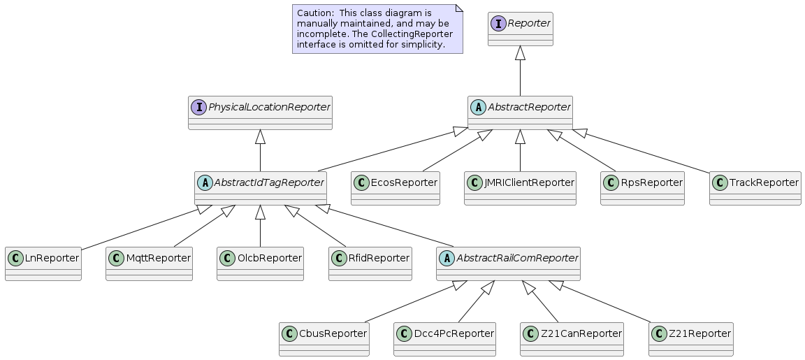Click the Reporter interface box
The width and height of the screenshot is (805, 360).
pos(520,29)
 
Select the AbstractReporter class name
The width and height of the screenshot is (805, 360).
pos(529,108)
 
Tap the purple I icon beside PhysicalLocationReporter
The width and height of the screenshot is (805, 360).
pos(198,108)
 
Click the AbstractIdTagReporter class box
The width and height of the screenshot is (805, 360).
pos(260,189)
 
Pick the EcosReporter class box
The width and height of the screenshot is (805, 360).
pos(396,189)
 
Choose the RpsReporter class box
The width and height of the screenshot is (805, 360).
pos(642,189)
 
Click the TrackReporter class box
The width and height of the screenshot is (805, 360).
pos(755,189)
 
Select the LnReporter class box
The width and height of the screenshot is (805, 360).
pos(43,264)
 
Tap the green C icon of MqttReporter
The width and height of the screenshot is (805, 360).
pos(116,259)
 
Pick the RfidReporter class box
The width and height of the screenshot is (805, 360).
pos(370,264)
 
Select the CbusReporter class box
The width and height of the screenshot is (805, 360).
pos(324,340)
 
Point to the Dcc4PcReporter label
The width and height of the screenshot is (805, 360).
pos(454,334)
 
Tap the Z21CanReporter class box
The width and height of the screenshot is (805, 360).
pos(572,340)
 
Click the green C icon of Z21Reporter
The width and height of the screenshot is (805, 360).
pos(659,334)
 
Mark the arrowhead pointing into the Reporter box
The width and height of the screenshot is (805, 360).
pos(520,52)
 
